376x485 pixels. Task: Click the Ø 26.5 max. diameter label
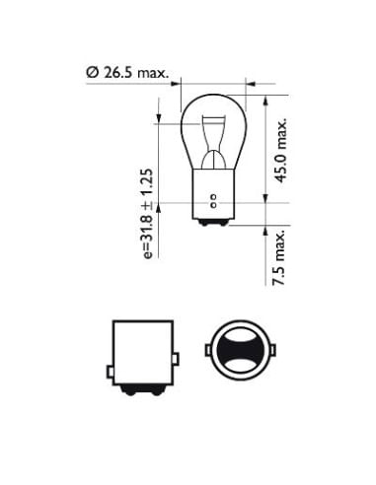tap(127, 72)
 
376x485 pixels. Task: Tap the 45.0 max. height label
tap(281, 150)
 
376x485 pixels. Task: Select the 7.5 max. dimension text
tap(279, 257)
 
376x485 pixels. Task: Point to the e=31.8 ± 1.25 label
tap(148, 214)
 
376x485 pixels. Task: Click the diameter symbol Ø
tap(93, 72)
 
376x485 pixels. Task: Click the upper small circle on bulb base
tap(213, 198)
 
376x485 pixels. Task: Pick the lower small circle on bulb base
tap(213, 205)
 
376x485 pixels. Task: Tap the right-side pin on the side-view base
tap(176, 359)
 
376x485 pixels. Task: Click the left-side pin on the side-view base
tap(111, 372)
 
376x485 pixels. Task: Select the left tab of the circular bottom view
tap(208, 350)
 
